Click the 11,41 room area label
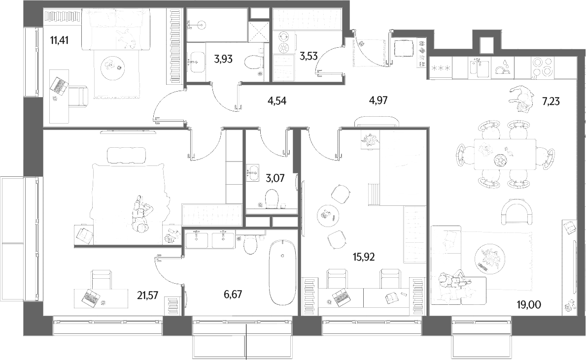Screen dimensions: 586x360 point(59,40)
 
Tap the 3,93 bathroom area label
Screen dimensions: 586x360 point(223,59)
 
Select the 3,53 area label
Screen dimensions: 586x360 point(309,57)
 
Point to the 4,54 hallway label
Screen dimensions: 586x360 point(277,100)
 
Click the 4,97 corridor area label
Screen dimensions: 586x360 point(378,100)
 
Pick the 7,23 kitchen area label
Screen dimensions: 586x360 point(551,101)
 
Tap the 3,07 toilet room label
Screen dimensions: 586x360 point(275,178)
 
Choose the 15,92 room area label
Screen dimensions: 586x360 point(363,257)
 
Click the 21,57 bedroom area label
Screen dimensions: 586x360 point(147,295)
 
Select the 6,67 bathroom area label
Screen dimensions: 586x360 point(233,295)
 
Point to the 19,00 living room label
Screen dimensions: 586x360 point(528,305)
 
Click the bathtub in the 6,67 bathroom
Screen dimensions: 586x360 point(283,273)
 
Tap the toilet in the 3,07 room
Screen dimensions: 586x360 point(272,198)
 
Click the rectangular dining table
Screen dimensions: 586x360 point(505,154)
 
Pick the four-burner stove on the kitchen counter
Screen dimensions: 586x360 point(543,67)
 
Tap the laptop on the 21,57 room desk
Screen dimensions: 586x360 point(91,297)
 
